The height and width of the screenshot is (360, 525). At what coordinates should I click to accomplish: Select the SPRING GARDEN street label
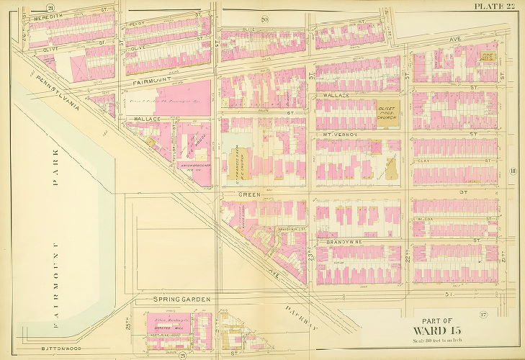(x=180, y=299)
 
